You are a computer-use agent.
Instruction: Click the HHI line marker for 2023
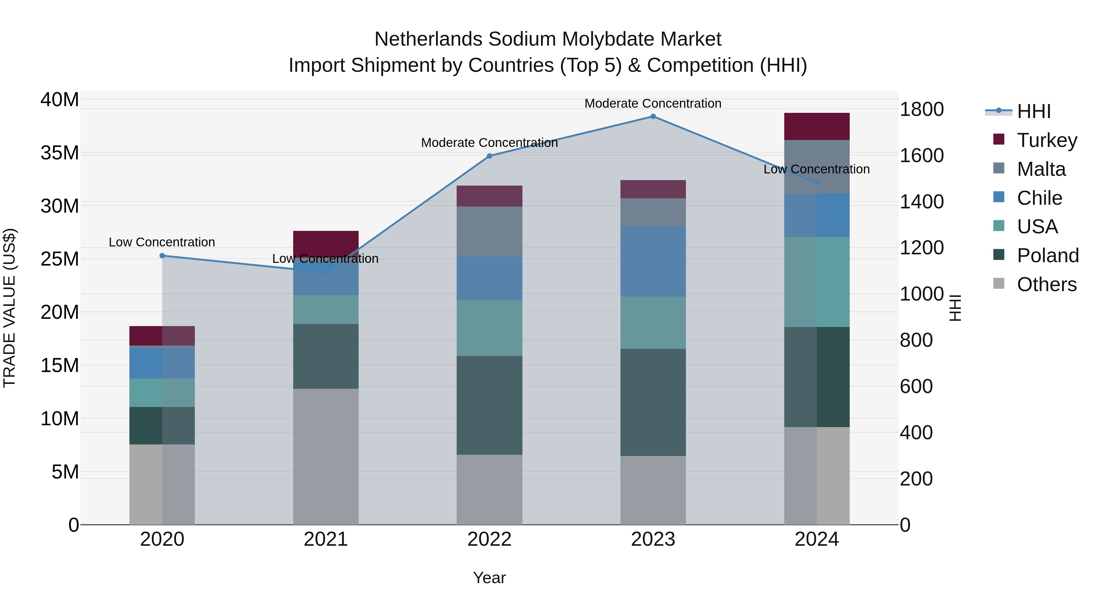(653, 117)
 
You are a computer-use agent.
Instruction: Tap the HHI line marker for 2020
(162, 256)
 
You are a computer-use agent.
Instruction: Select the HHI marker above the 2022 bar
(489, 156)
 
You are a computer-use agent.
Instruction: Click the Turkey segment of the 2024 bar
(817, 126)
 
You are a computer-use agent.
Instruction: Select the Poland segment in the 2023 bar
(653, 402)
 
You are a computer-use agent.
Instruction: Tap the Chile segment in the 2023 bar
(653, 261)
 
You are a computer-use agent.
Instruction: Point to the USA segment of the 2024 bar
(817, 282)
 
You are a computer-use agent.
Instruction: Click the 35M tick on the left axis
(60, 153)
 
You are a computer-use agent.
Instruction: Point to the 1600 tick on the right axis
(922, 155)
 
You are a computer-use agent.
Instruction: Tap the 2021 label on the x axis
(325, 539)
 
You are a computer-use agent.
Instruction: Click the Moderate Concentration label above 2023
(653, 103)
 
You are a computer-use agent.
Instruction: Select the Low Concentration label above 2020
(162, 242)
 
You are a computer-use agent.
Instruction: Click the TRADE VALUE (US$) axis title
(9, 308)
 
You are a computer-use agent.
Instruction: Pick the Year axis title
(489, 578)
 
